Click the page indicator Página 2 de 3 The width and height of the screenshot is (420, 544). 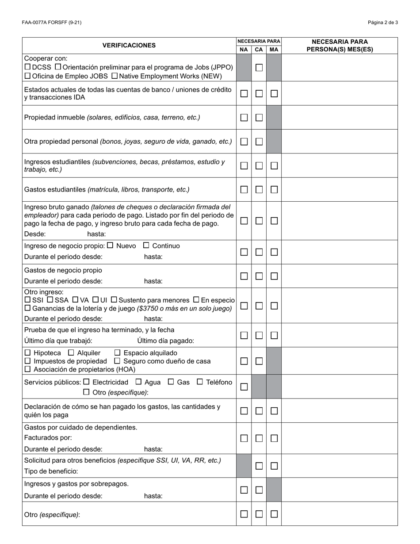coord(382,23)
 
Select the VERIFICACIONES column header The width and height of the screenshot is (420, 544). coord(129,46)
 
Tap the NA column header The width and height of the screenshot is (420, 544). coord(244,50)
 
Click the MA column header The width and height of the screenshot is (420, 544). coord(274,50)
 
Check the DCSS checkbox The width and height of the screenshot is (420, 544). coord(27,67)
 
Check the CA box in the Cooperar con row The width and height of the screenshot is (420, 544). coord(259,68)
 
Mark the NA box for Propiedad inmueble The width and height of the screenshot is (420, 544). coord(244,118)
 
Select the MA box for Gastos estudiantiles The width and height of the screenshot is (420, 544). coord(274,190)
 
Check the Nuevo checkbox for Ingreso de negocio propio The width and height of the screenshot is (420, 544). coord(111,245)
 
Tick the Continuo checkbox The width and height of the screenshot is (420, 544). coord(146,245)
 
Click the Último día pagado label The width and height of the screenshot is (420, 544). coord(165,341)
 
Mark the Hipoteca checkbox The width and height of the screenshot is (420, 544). coord(28,353)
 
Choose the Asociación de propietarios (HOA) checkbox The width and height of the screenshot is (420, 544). coord(28,369)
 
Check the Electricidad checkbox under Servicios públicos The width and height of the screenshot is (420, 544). coord(86,382)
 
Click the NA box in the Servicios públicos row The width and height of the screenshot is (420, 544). coord(244,387)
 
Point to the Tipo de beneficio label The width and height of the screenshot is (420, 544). coord(51,471)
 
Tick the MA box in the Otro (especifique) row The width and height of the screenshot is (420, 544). coord(274,514)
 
